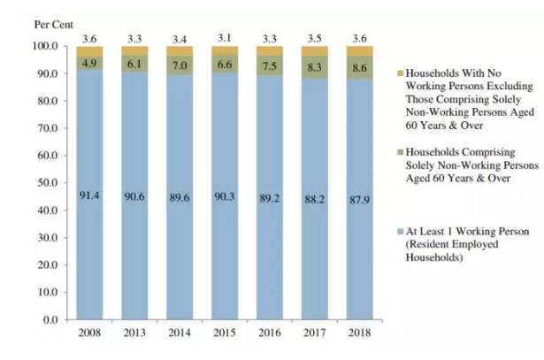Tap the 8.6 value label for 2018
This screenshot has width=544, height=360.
tap(359, 66)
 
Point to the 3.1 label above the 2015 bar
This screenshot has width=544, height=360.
tap(225, 37)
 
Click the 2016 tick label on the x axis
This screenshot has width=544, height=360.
tap(270, 333)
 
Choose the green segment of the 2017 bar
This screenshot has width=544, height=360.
tap(314, 67)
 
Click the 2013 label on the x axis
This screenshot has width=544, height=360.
tap(134, 333)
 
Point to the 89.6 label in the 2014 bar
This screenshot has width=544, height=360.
tap(180, 198)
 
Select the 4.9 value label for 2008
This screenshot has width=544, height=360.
tap(89, 64)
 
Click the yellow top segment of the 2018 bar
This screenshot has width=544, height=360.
tap(359, 50)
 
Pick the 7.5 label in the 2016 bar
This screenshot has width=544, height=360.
tap(270, 65)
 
